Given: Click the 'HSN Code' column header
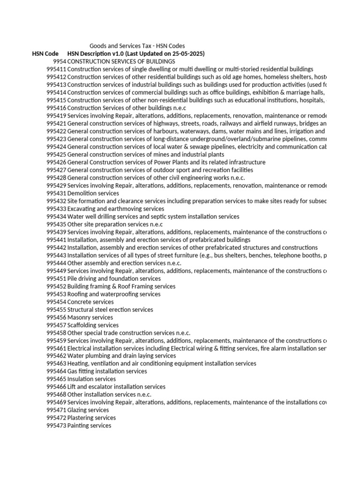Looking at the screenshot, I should tap(45, 54).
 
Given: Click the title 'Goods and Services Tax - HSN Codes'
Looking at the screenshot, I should tap(137, 46).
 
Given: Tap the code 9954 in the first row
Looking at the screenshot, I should tap(60, 61).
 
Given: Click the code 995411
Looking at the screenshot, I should tap(56, 69).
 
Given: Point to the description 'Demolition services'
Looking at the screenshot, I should tap(93, 193).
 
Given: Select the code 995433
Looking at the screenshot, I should tap(56, 209).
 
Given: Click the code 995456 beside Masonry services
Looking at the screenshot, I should tap(56, 317).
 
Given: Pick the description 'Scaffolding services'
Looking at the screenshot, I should tap(93, 325).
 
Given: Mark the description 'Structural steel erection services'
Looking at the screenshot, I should tap(110, 309).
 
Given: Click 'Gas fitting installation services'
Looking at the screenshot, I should tap(107, 371).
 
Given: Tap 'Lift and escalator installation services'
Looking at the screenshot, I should tap(116, 387).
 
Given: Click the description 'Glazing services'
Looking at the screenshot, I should tap(88, 410).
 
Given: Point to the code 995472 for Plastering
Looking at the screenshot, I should tap(56, 418).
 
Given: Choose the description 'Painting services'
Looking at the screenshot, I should tap(89, 426).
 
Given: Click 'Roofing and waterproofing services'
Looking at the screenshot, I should tap(114, 294).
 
